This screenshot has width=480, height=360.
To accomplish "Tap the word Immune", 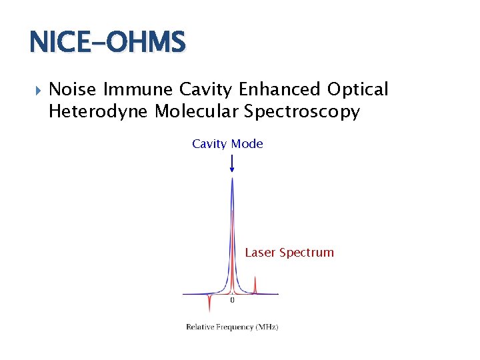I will tap(139, 89).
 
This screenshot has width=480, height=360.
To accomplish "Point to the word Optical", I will tap(357, 89).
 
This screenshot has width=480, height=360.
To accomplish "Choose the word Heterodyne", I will tap(99, 111).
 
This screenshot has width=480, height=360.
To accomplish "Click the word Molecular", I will tap(197, 111).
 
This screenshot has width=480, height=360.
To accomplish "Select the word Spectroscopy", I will tap(302, 111).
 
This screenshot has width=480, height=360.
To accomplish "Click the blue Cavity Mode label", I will tap(227, 144).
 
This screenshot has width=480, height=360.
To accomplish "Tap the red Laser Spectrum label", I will tap(289, 253).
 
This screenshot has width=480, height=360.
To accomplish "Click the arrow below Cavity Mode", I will tap(231, 163).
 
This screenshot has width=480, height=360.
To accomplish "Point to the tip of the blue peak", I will tap(231, 179).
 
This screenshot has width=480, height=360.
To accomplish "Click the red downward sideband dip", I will tap(209, 305).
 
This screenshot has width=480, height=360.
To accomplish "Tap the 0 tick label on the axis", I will tap(232, 301).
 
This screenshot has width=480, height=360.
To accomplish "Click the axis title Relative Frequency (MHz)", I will tap(232, 327).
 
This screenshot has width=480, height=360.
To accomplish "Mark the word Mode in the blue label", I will tap(247, 144).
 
